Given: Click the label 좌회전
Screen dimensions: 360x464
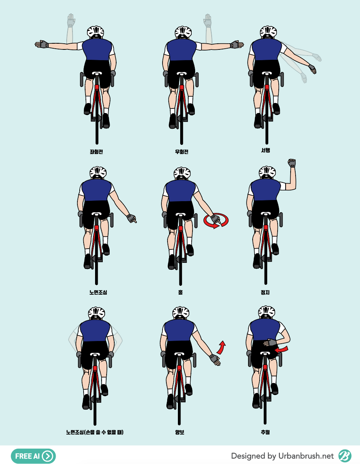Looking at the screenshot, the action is [x=96, y=152].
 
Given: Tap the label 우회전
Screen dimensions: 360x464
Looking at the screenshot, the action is [x=182, y=152].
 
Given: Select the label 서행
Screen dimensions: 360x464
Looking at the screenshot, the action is [x=266, y=150].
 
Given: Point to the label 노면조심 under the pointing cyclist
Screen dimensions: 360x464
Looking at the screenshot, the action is [x=98, y=292].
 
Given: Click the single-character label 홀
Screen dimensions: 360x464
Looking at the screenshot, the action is [x=180, y=292].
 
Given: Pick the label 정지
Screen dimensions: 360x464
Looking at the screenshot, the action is [x=265, y=292].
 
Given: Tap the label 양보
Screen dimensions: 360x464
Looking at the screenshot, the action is [x=179, y=432].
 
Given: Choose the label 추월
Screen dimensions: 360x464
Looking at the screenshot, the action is [x=265, y=432].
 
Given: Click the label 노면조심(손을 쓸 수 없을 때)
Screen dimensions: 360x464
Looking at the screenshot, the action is [x=95, y=432].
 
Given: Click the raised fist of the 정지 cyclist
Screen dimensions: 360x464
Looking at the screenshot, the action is [x=292, y=163].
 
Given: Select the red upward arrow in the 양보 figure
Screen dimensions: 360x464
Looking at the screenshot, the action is [x=221, y=348].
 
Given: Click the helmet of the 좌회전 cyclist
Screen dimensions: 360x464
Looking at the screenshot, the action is [x=95, y=33].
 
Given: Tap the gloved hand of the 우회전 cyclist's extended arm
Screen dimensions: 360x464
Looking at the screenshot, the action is [x=237, y=44].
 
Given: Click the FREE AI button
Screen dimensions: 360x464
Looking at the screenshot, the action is [x=33, y=456].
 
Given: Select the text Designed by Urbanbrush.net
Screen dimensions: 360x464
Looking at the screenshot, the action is [x=282, y=456].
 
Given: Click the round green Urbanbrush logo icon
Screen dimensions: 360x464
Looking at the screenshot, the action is [x=345, y=456].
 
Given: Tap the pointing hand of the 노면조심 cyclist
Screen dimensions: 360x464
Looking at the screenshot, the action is [x=132, y=219].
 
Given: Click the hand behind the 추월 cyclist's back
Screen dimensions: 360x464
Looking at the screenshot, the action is [x=270, y=342].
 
